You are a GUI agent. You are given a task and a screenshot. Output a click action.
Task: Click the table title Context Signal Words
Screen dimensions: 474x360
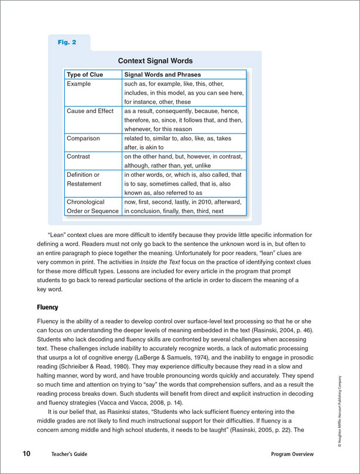pos(155,61)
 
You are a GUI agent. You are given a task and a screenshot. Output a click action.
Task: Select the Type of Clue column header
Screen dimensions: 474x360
pos(85,75)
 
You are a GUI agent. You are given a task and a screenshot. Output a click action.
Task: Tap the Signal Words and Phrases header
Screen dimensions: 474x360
pos(162,75)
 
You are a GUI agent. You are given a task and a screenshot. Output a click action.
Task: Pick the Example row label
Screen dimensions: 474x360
pos(79,84)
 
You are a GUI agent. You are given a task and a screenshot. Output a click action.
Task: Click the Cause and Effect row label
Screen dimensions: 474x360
pos(91,111)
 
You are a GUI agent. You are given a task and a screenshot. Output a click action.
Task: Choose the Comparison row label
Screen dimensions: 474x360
pos(83,139)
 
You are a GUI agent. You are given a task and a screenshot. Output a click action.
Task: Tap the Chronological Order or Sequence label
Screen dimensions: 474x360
pos(93,206)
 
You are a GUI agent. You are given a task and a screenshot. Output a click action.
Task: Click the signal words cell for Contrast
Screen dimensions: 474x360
pos(183,161)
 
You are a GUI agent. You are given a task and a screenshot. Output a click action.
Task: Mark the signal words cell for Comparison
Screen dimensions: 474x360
pos(183,143)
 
